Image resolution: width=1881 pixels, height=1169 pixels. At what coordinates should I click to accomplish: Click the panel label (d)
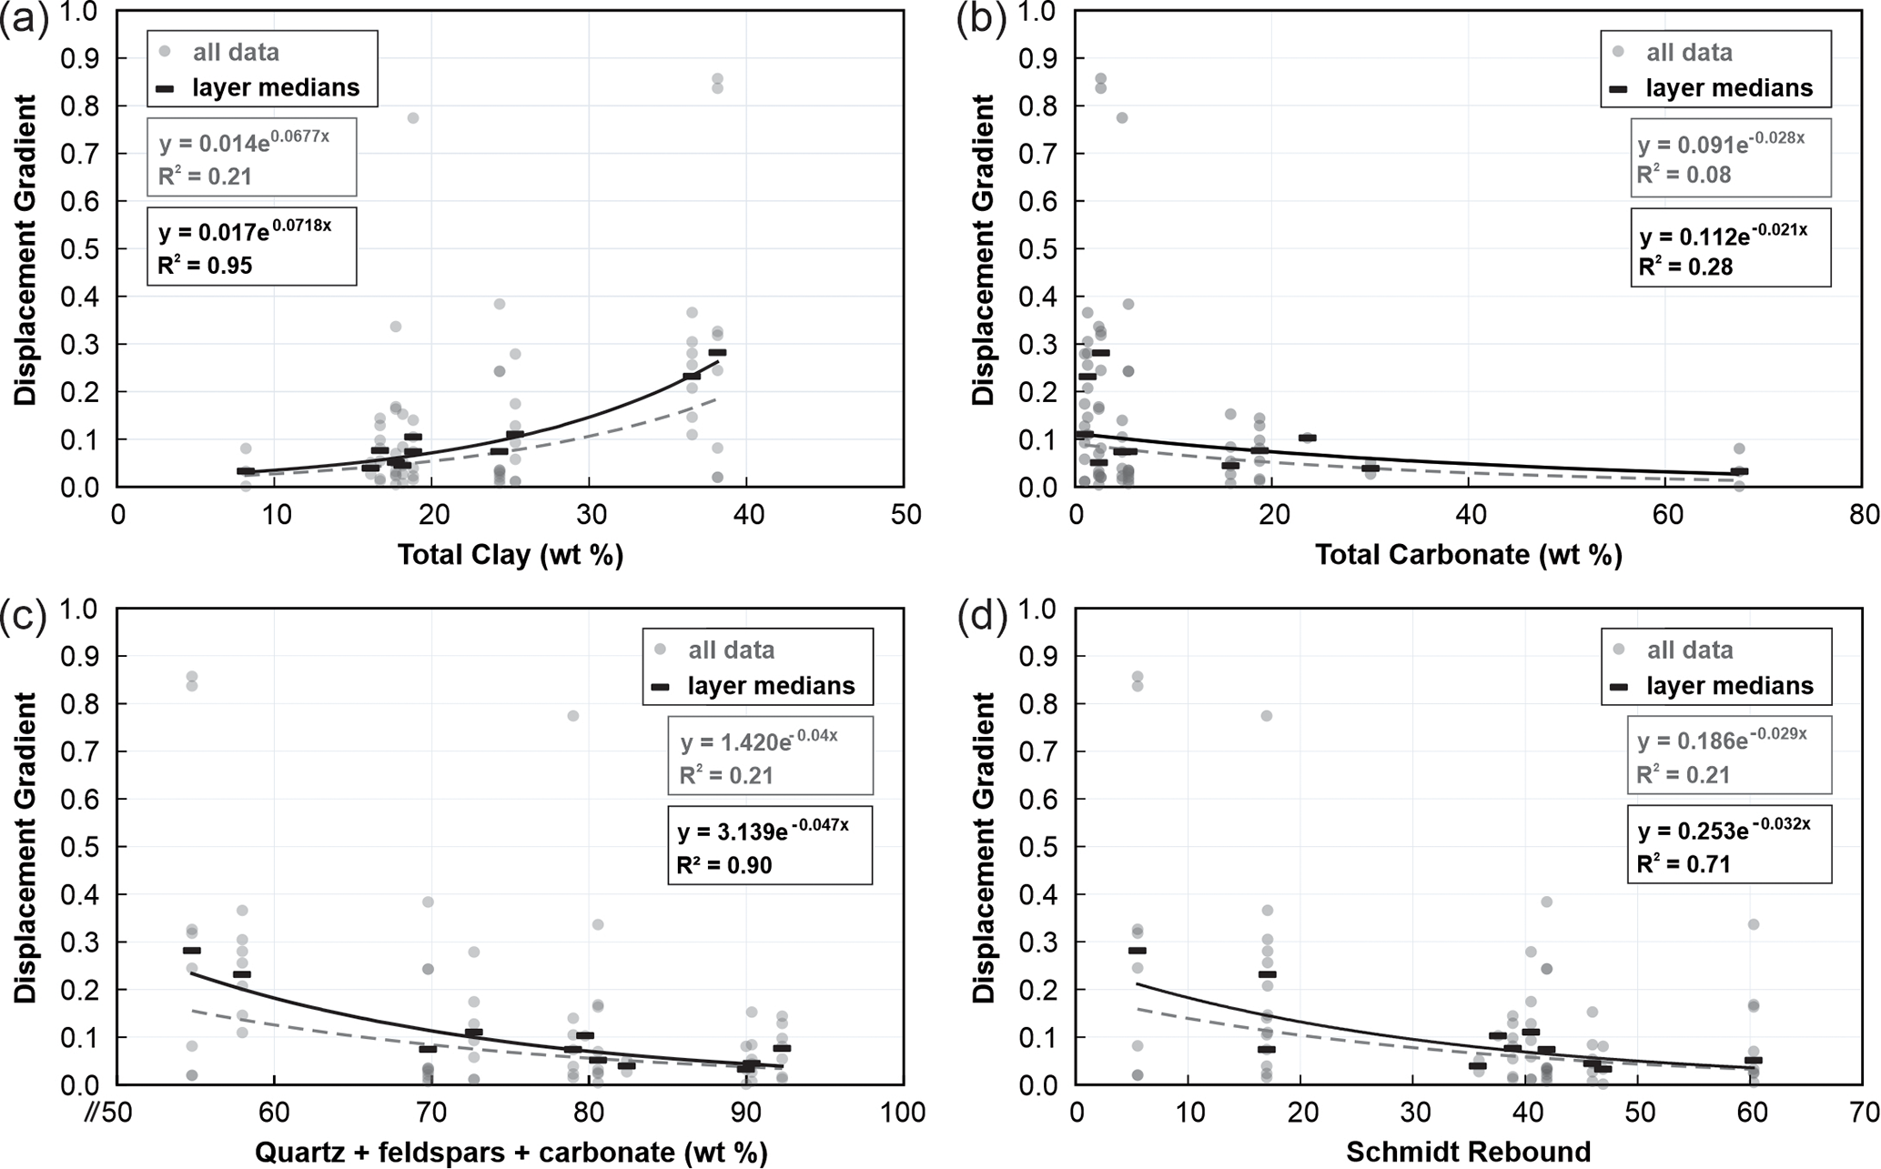(983, 618)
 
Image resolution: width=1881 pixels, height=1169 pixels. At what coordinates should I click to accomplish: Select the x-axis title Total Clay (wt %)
(510, 555)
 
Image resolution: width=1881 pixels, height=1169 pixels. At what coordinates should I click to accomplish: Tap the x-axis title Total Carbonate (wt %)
(1468, 555)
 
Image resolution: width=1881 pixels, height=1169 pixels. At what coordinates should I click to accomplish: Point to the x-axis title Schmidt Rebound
(1468, 1152)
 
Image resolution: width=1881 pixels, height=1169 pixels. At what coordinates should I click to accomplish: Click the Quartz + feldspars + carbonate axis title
(511, 1152)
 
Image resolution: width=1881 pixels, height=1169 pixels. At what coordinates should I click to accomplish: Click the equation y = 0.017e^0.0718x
(245, 230)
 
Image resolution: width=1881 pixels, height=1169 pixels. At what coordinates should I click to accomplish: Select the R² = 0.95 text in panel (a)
(205, 267)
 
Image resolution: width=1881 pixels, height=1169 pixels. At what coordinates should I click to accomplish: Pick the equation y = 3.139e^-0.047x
(763, 830)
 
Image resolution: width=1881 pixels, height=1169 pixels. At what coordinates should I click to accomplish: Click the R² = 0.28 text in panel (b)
(1685, 267)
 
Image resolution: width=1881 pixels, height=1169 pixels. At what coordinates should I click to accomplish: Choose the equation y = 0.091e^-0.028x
(1721, 144)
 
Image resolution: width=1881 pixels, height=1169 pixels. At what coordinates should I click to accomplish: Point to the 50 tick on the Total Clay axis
(905, 515)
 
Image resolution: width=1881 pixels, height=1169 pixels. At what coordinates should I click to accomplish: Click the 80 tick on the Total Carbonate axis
(1864, 515)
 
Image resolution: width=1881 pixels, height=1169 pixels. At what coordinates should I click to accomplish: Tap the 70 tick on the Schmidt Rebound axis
(1864, 1112)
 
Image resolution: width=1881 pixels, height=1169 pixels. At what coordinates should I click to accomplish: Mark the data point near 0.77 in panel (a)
(412, 118)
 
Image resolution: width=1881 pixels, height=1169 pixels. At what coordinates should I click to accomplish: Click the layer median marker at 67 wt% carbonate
(1739, 471)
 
